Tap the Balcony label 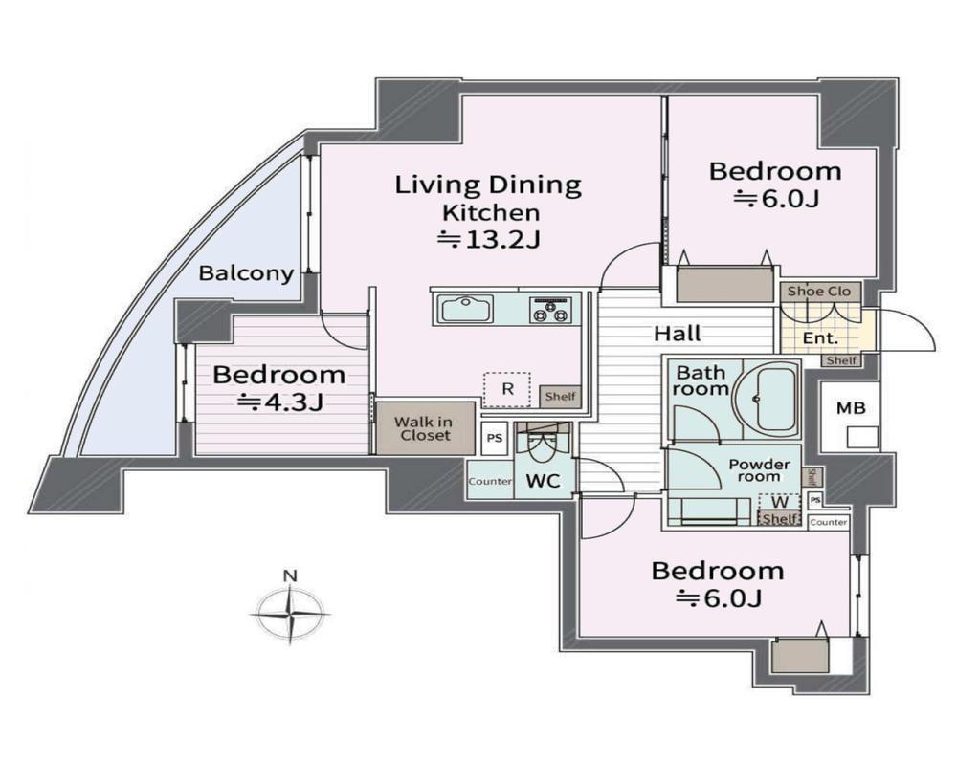click(x=247, y=273)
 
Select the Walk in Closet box click(x=426, y=428)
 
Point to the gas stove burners click(x=550, y=310)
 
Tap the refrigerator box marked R click(x=506, y=389)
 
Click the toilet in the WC click(x=540, y=446)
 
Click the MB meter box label click(x=851, y=408)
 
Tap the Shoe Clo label click(x=819, y=292)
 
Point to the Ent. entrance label click(x=820, y=338)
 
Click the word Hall click(x=678, y=334)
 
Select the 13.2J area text click(x=489, y=240)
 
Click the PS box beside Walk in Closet click(x=495, y=438)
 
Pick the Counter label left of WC click(x=490, y=481)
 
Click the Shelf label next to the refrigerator click(x=560, y=396)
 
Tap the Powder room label click(x=759, y=470)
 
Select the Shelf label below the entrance click(x=841, y=360)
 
